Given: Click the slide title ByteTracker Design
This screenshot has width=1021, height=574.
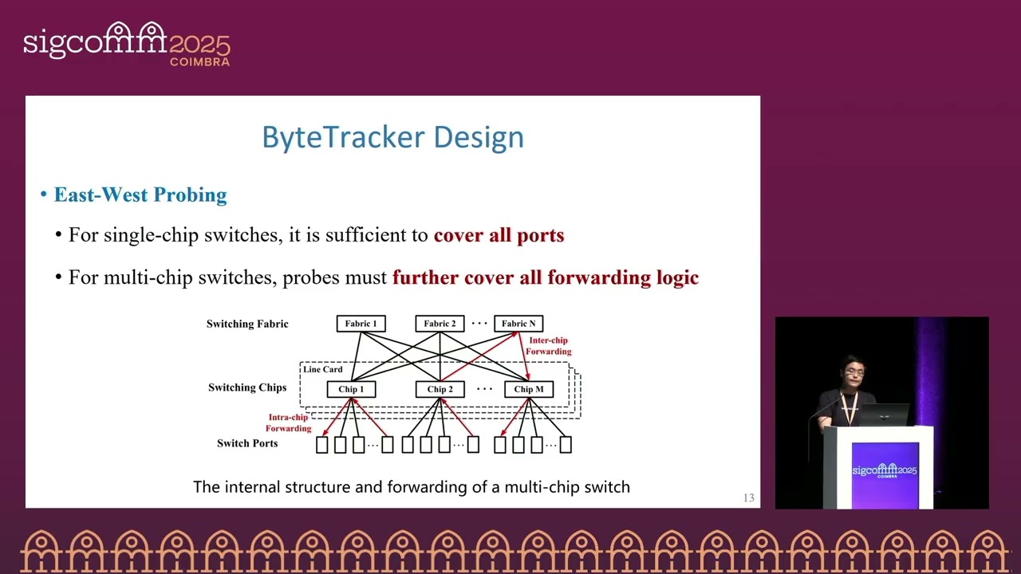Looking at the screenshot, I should (x=392, y=137).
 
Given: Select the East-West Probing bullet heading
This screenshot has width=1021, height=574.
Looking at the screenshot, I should (x=140, y=195).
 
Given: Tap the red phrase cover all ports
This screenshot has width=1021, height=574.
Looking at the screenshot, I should (x=499, y=235).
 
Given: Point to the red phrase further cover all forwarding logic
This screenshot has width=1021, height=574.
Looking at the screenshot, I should (x=545, y=277).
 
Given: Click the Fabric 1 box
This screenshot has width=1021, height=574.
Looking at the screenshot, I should (x=361, y=324).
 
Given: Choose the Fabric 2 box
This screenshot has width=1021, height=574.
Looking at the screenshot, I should (x=440, y=324).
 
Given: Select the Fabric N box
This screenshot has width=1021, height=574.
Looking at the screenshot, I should (x=518, y=324).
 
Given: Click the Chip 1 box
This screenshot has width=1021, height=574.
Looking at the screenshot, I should (x=351, y=389).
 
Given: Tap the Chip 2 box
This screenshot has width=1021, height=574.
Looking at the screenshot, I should (x=440, y=389).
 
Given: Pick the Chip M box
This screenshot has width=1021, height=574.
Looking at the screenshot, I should (x=529, y=389).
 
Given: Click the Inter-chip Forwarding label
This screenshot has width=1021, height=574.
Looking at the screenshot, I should (x=549, y=346).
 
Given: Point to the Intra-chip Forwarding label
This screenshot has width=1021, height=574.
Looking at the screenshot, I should (x=288, y=423).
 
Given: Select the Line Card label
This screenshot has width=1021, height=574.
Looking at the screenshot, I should (x=322, y=369).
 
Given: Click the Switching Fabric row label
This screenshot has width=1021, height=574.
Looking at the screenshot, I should (x=247, y=324).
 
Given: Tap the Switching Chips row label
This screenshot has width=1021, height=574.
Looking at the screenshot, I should (x=247, y=387).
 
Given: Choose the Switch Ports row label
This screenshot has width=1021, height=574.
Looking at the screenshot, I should (x=247, y=443).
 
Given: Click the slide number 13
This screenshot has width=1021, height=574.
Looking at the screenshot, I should (x=748, y=498).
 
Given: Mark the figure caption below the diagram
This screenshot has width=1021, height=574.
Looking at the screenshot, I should (x=412, y=486).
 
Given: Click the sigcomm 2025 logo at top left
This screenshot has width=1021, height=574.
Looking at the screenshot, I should (x=126, y=43).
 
